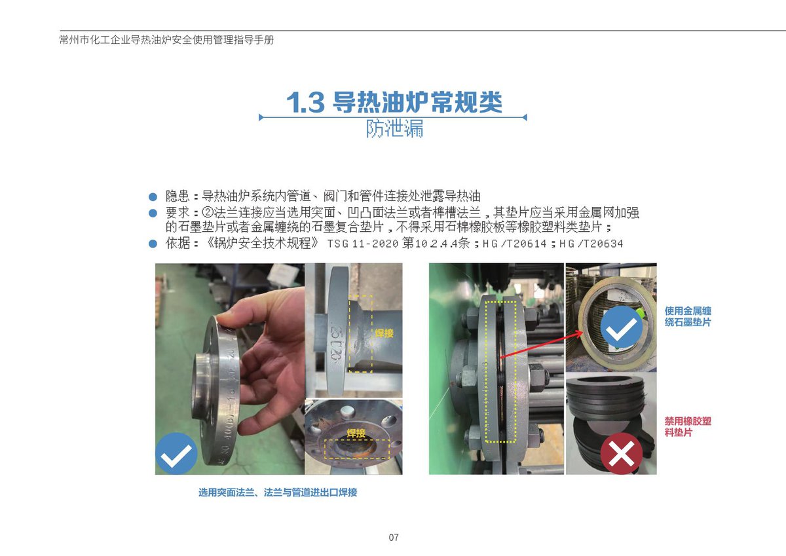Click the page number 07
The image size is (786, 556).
pos(394,537)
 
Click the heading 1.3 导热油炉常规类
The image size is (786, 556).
pos(394,102)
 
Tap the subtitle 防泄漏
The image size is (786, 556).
pos(394,128)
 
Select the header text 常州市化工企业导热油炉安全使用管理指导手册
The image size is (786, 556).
pos(166,40)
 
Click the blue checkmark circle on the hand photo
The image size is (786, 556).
pos(176,454)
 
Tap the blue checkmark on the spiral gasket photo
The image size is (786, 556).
pos(622,327)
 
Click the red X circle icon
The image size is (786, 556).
pos(622,453)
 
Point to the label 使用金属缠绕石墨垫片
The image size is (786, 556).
pos(688,316)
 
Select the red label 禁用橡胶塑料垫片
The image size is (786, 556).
pos(688,426)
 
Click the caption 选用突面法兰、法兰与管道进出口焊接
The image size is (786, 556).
pos(278,492)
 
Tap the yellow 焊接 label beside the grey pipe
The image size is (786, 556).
pos(384,333)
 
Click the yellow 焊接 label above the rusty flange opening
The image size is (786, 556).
pos(356,433)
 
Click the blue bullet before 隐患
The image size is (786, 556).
pos(153,196)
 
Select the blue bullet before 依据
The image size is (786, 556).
pos(153,244)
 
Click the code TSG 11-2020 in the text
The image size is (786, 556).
pos(362,244)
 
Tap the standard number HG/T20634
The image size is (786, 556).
pos(591,244)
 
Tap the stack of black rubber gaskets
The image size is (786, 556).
pos(610,421)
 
